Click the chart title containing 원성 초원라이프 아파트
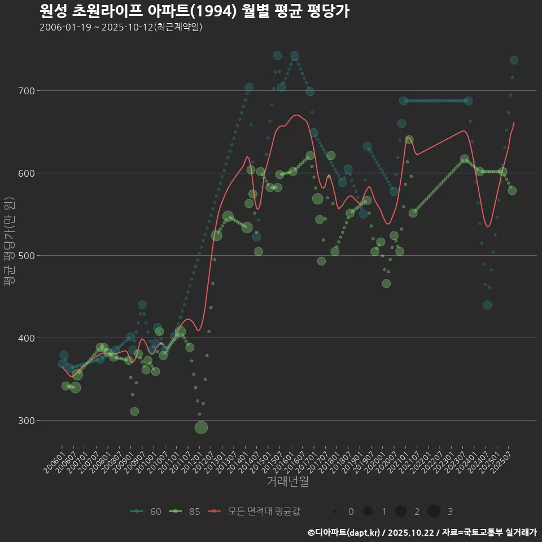[195, 11]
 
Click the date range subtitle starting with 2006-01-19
[121, 28]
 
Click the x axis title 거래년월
[287, 482]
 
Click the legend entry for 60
[146, 512]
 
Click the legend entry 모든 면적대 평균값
[254, 512]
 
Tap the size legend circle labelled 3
[434, 512]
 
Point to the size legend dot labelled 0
[335, 512]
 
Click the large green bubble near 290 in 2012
[202, 427]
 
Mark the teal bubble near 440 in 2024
[487, 305]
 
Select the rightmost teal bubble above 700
[514, 60]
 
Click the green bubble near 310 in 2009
[134, 412]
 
